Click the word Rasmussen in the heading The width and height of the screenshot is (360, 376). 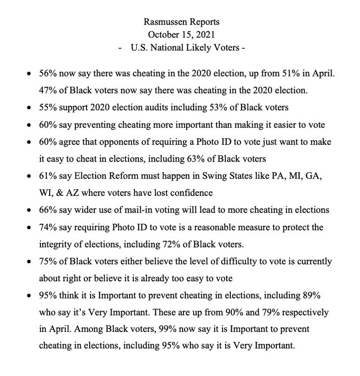[162, 22]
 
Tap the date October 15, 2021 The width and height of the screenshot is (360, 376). [180, 34]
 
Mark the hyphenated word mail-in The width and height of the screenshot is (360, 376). [153, 210]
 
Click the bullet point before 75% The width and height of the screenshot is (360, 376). [30, 261]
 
